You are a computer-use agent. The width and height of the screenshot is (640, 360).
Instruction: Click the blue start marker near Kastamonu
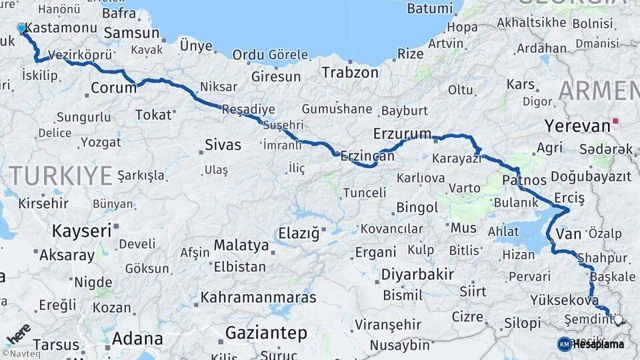point(21,29)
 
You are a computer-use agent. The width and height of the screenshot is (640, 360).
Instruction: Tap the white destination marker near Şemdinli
point(617,320)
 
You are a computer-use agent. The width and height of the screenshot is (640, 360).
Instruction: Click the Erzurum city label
point(402,133)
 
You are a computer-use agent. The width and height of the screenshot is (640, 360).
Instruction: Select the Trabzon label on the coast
point(350,72)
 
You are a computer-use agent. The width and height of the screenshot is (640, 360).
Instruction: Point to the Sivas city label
point(223,145)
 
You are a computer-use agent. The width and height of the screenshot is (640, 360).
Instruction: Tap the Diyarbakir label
point(417,274)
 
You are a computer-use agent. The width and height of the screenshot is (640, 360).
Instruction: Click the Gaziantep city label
point(266,332)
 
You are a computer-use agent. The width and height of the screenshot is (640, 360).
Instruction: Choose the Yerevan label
point(577,125)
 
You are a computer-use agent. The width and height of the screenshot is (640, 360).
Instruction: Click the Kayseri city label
point(81,231)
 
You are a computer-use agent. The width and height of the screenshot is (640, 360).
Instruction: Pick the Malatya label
point(241,245)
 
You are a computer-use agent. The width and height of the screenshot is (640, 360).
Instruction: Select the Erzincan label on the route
point(367,156)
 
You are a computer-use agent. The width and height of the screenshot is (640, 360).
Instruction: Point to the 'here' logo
point(17,331)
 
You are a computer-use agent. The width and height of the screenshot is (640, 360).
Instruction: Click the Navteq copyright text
point(21,353)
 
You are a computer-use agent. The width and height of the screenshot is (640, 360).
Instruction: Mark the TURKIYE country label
point(60,176)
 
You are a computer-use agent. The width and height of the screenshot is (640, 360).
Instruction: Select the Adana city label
point(137,338)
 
